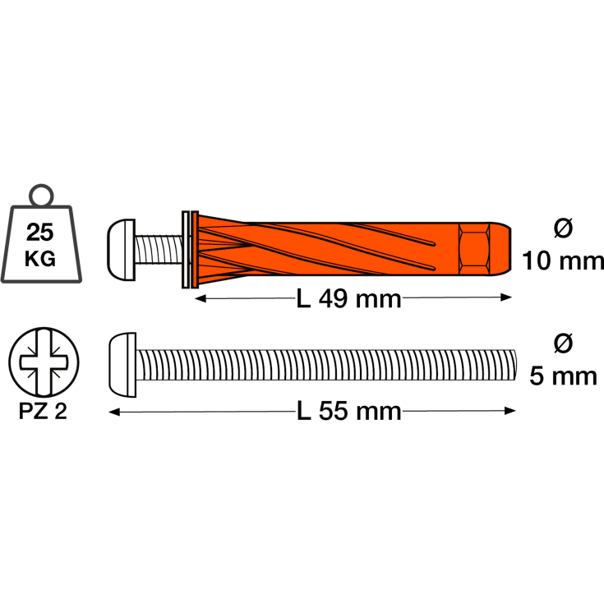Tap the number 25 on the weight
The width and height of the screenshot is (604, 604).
(40, 233)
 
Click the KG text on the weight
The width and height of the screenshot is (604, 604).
(40, 259)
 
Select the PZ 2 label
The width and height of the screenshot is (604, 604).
(43, 411)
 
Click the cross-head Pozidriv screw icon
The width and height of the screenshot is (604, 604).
(44, 362)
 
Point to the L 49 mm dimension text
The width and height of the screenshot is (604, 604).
(349, 299)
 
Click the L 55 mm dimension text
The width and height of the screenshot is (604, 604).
(349, 411)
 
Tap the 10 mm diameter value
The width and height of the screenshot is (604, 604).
(563, 261)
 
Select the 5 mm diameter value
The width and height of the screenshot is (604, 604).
(563, 376)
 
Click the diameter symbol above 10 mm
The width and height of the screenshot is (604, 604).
(563, 228)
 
